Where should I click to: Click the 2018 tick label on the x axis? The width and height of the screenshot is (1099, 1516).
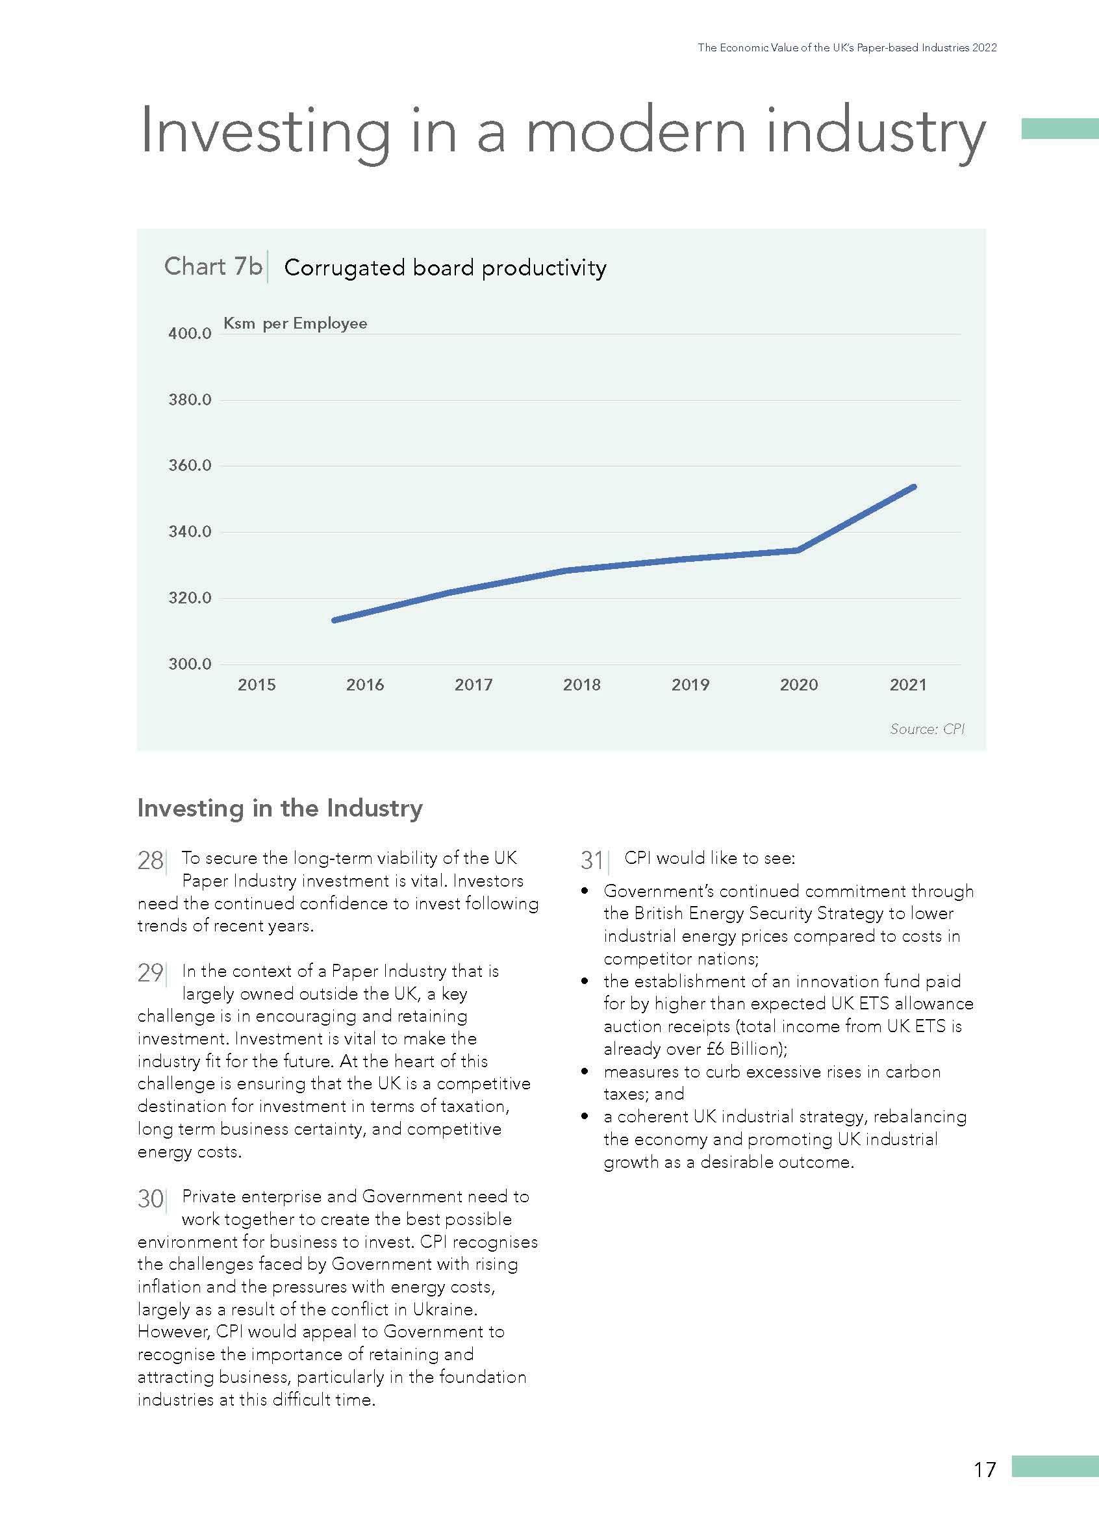click(581, 685)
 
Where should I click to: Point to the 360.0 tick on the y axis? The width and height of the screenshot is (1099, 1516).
click(190, 465)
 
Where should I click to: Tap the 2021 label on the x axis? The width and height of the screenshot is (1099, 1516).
click(908, 685)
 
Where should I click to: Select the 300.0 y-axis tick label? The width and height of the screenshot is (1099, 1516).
click(190, 664)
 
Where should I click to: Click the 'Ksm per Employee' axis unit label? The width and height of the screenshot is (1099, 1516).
click(295, 323)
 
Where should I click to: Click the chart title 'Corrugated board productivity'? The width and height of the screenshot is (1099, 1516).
click(445, 268)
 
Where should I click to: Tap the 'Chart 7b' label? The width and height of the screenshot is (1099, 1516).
click(213, 266)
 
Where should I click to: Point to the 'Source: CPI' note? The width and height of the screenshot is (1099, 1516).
click(927, 729)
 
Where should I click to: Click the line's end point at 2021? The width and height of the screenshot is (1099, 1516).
click(913, 486)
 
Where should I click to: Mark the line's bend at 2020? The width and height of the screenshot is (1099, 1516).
click(798, 550)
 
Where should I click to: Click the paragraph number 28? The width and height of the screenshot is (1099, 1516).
click(151, 860)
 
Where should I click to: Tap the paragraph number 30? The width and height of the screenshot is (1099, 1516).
click(151, 1198)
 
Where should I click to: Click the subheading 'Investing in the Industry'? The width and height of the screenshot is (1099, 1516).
click(279, 808)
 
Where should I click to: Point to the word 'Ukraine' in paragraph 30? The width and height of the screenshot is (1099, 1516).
click(445, 1308)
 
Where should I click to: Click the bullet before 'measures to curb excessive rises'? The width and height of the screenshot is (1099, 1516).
click(586, 1072)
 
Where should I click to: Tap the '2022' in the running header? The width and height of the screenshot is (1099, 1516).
click(985, 47)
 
